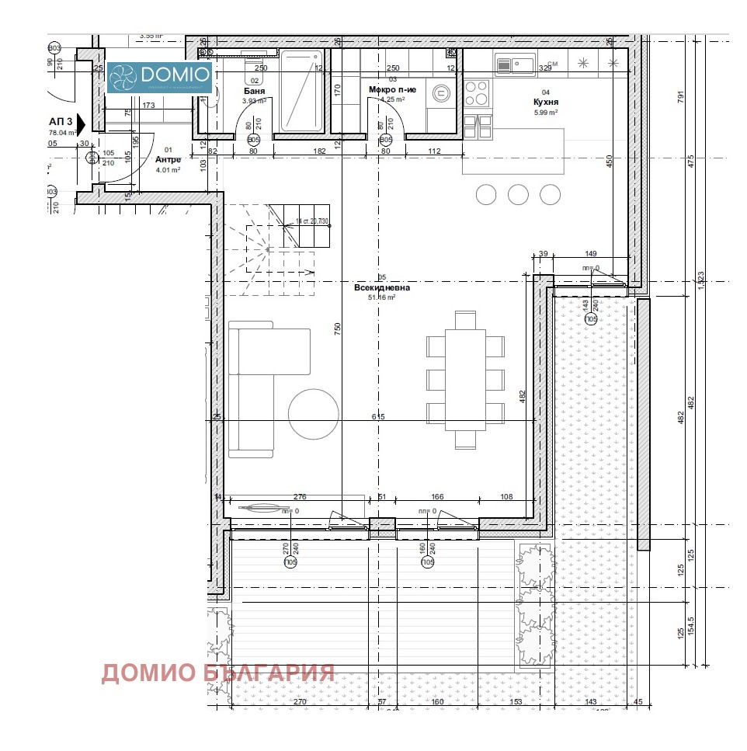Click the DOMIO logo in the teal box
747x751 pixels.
(x=159, y=76)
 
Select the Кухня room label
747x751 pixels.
(x=546, y=102)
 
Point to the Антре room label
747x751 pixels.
(x=168, y=159)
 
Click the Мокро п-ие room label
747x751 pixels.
(x=392, y=90)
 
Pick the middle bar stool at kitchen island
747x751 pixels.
(x=518, y=194)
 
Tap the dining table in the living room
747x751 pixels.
(x=465, y=380)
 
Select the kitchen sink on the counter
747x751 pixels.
(x=516, y=65)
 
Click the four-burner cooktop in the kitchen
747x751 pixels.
(x=476, y=94)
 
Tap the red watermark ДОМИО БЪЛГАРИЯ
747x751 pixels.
(x=217, y=673)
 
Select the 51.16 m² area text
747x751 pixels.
(x=381, y=297)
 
